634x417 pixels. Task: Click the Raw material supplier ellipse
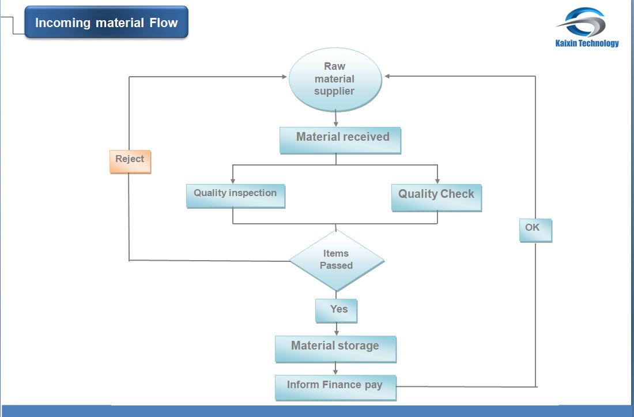click(335, 79)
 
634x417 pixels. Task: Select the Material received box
click(340, 140)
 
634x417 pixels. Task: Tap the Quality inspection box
click(235, 196)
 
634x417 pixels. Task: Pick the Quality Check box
click(436, 197)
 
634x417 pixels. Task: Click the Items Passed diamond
click(336, 260)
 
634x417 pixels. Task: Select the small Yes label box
click(336, 310)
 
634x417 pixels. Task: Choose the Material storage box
click(335, 348)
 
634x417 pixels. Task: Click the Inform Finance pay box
click(335, 387)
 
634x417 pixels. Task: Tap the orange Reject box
click(130, 161)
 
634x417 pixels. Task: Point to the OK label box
click(535, 230)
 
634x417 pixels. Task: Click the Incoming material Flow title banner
click(107, 22)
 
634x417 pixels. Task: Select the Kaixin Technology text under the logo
click(587, 43)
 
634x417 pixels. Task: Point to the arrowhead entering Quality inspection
click(233, 181)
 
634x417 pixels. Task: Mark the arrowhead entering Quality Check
click(437, 181)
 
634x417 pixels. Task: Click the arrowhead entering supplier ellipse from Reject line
click(284, 76)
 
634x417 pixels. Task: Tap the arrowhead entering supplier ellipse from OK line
click(388, 76)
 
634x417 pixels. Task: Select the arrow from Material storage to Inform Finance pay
click(335, 369)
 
